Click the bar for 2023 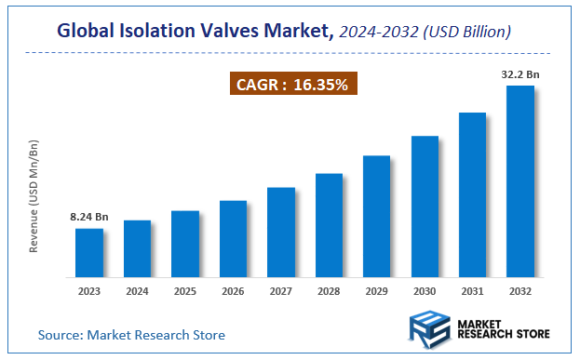[89, 253]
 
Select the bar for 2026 [233, 239]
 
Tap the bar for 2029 [376, 217]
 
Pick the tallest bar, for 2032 [519, 181]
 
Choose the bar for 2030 [425, 207]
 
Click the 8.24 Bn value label [89, 217]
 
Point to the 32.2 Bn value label [519, 73]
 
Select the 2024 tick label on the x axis [137, 290]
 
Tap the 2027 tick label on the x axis [280, 290]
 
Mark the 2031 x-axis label [472, 290]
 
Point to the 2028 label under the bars [329, 290]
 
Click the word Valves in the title [230, 31]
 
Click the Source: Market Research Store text [131, 334]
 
